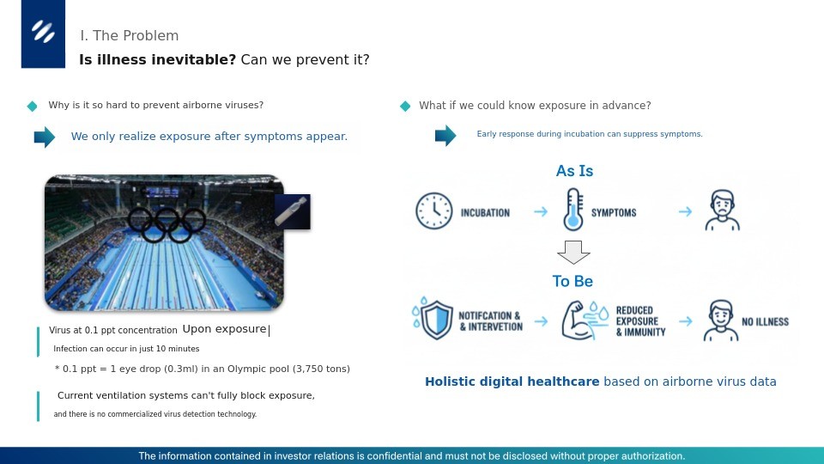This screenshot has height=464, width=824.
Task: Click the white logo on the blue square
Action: pos(43,31)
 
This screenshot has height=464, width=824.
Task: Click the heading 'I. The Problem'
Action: pos(130,36)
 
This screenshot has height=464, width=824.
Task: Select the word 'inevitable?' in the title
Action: pos(193,59)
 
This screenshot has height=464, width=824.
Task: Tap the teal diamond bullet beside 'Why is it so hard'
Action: pos(32,107)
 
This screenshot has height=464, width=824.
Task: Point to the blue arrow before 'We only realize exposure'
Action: pos(45,137)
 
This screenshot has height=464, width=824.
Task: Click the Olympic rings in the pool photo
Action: pos(167,224)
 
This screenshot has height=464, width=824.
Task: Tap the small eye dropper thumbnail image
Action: pos(293,211)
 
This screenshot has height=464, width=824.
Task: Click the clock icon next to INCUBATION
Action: pos(434,211)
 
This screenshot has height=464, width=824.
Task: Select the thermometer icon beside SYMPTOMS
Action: pos(573,211)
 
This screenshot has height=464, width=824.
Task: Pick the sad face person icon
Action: pos(722,211)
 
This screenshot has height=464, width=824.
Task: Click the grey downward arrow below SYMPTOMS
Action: pos(573,253)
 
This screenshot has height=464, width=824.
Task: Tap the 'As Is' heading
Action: pos(574,171)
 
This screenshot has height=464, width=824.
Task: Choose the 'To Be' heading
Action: pos(573,282)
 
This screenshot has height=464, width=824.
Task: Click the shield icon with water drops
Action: pos(433,319)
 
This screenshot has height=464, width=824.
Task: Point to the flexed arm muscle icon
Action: pos(584,320)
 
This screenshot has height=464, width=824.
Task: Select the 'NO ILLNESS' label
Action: pos(765,322)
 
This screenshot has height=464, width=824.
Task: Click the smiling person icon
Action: pos(721,321)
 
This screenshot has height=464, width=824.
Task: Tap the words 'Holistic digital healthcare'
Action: pos(512,382)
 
